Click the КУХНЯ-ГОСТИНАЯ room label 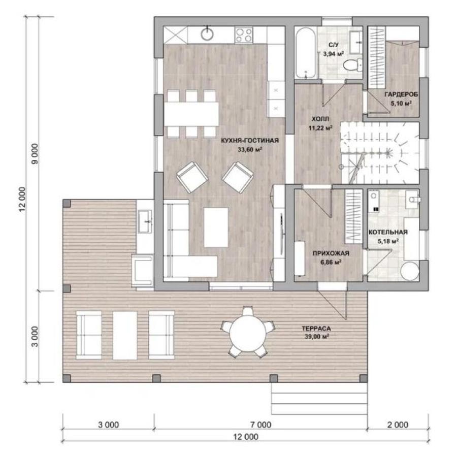tap(250, 141)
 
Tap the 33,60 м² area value tap(250, 149)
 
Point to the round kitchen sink tap(207, 34)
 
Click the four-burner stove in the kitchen tap(244, 35)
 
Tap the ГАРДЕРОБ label tap(401, 94)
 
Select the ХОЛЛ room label tap(320, 119)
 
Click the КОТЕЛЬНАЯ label tap(388, 232)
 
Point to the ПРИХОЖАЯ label tap(331, 253)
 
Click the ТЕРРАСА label tap(316, 329)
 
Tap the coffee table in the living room tap(216, 227)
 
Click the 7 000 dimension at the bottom tap(260, 425)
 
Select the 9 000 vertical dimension tap(35, 154)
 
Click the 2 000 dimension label tap(398, 425)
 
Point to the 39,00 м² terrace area tap(317, 337)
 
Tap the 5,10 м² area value tap(401, 103)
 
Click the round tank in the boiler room tap(410, 271)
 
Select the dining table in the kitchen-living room tap(191, 114)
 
